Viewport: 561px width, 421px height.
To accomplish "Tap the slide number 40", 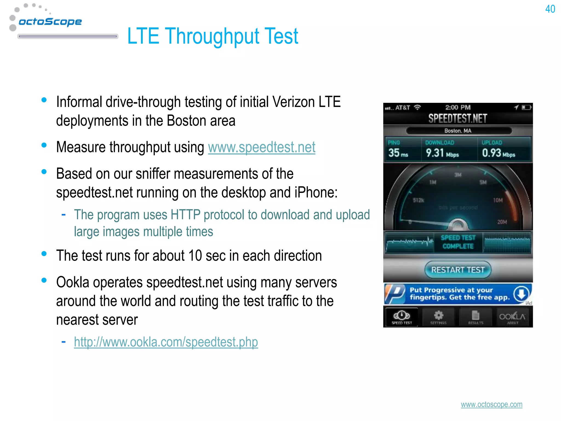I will tap(550, 9).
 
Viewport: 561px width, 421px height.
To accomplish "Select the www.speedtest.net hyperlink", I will tap(262, 147).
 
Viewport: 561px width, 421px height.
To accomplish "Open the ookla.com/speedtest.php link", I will tap(166, 342).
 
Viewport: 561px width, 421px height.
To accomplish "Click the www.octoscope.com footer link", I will tap(491, 405).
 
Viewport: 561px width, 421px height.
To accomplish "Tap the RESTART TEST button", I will tap(458, 270).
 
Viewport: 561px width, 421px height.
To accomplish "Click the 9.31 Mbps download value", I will tap(442, 153).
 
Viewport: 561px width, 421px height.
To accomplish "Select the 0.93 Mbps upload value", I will tap(498, 153).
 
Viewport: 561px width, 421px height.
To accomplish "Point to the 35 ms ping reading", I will tap(398, 153).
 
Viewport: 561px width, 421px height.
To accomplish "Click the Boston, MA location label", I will tap(458, 131).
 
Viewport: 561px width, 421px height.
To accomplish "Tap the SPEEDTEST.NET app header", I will tap(458, 118).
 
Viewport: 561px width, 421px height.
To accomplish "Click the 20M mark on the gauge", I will tap(502, 222).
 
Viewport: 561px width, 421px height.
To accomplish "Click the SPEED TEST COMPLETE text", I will tap(458, 242).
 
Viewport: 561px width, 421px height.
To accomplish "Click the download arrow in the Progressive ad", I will tap(521, 294).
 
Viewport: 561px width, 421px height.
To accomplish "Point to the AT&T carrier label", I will tap(402, 107).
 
